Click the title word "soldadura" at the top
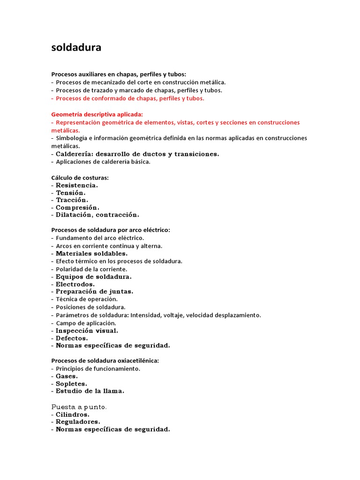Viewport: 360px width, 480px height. pyautogui.click(x=76, y=48)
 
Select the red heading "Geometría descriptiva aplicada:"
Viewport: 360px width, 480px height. pyautogui.click(x=97, y=114)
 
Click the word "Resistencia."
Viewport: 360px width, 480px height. pyautogui.click(x=77, y=185)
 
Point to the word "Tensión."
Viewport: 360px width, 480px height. pyautogui.click(x=71, y=193)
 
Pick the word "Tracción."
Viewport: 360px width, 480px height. pyautogui.click(x=72, y=200)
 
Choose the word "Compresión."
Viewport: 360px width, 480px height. pyautogui.click(x=77, y=208)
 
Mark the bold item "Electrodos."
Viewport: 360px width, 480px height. pyautogui.click(x=75, y=284)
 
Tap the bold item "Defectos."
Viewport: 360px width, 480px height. pyautogui.click(x=72, y=338)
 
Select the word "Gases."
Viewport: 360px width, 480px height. pyautogui.click(x=67, y=376)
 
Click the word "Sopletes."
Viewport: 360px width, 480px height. pyautogui.click(x=71, y=383)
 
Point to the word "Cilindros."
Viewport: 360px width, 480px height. pyautogui.click(x=73, y=414)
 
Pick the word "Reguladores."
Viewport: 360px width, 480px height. pyautogui.click(x=77, y=422)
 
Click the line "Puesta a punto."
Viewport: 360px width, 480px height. pyautogui.click(x=79, y=407)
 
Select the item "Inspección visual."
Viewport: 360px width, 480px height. pyautogui.click(x=87, y=330)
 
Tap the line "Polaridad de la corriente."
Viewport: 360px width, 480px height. pyautogui.click(x=91, y=269)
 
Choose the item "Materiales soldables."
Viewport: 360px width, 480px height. pyautogui.click(x=91, y=254)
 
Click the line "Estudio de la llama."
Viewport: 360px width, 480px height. pyautogui.click(x=90, y=391)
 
